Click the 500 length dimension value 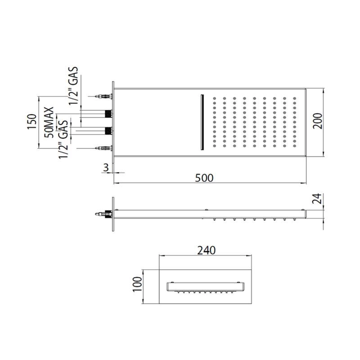click(x=204, y=178)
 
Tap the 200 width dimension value click(x=318, y=121)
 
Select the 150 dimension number click(x=32, y=121)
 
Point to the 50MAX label click(x=49, y=122)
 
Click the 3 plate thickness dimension click(x=106, y=167)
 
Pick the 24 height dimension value click(x=317, y=198)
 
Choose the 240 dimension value click(x=207, y=251)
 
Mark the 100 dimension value click(x=137, y=284)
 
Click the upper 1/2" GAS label click(x=74, y=86)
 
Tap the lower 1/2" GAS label click(x=63, y=139)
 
